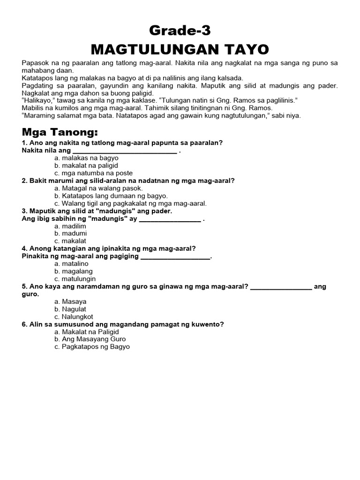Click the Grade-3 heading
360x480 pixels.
pyautogui.click(x=180, y=31)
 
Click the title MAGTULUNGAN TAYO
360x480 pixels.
pyautogui.click(x=180, y=49)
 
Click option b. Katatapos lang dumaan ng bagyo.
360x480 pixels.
pyautogui.click(x=111, y=195)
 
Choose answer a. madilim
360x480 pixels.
pyautogui.click(x=70, y=225)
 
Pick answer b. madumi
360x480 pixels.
pyautogui.click(x=70, y=233)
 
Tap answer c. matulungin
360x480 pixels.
pyautogui.click(x=75, y=278)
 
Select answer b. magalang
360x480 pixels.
pyautogui.click(x=73, y=271)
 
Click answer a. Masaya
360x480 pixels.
pyautogui.click(x=71, y=301)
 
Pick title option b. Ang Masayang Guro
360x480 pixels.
pyautogui.click(x=90, y=339)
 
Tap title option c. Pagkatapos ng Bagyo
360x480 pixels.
pyautogui.click(x=92, y=346)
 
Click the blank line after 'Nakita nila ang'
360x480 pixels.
pyautogui.click(x=124, y=151)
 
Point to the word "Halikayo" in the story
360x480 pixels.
pyautogui.click(x=40, y=100)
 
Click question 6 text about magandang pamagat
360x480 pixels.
pyautogui.click(x=123, y=324)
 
